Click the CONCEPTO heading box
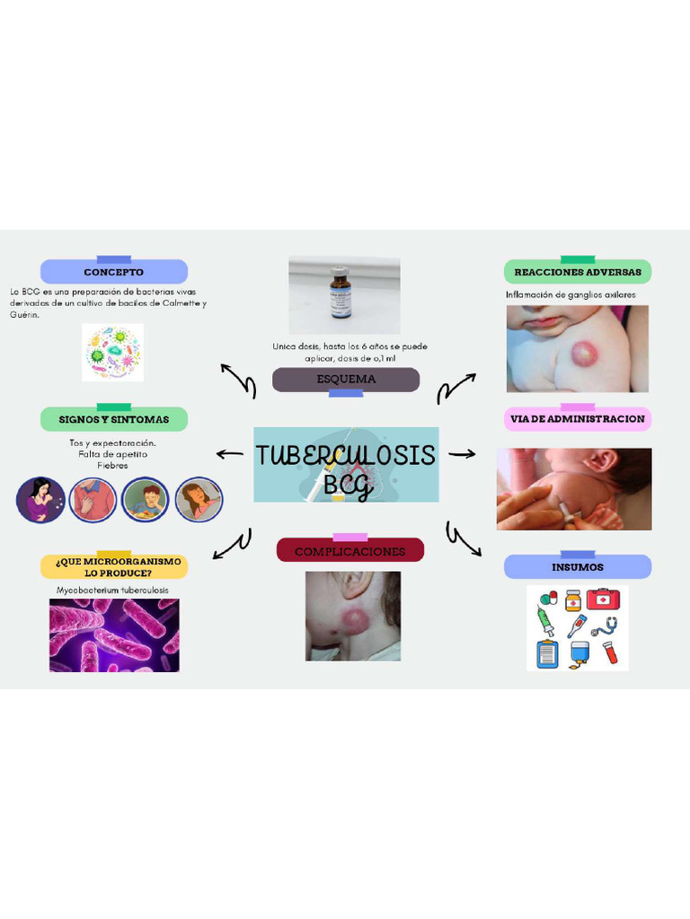pos(114,272)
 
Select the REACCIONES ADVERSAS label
pos(578,272)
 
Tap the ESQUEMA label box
pos(346,380)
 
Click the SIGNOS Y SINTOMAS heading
pos(114,419)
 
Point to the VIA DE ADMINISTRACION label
pos(578,419)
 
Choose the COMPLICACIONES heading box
pos(349,551)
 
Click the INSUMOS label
pos(578,567)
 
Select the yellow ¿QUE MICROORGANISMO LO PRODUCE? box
pos(114,567)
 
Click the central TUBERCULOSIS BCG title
pos(346,465)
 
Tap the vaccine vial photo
pos(343,294)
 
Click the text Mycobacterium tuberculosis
pos(113,591)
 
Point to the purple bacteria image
pos(114,635)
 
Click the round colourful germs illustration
pos(113,352)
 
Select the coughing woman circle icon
pos(40,500)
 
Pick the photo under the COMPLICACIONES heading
pos(352,617)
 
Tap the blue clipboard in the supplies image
pos(547,653)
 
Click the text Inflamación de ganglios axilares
pos(571,294)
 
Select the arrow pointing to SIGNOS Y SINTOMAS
pos(230,454)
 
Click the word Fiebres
pos(113,466)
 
